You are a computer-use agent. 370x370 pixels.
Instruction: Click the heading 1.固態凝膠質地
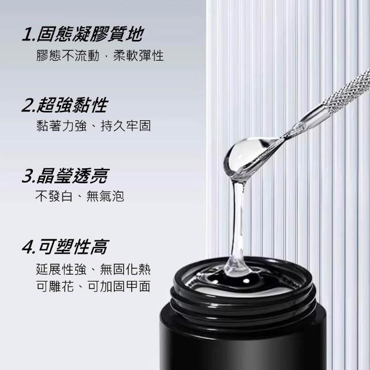coord(83,34)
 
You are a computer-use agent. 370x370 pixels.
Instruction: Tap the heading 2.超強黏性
coord(65,105)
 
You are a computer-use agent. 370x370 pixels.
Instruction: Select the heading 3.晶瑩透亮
coord(65,176)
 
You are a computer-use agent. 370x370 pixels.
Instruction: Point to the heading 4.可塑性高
coord(65,247)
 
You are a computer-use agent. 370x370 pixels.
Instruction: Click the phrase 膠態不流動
coord(68,55)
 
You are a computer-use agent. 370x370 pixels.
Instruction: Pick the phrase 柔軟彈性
coord(139,55)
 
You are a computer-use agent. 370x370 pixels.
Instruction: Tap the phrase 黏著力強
coord(61,126)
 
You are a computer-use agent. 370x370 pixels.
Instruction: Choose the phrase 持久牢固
coord(125,126)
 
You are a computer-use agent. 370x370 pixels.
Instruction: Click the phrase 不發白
coord(54,196)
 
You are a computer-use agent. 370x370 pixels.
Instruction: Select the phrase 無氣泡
coord(105,196)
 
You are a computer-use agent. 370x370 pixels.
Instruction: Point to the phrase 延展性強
coord(61,269)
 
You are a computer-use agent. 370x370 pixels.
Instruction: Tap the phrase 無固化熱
coord(125,269)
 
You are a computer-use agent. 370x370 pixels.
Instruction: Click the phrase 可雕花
coord(55,287)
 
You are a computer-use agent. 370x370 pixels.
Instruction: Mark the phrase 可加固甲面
coord(119,287)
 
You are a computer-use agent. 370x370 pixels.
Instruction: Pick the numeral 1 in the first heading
coord(28,35)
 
